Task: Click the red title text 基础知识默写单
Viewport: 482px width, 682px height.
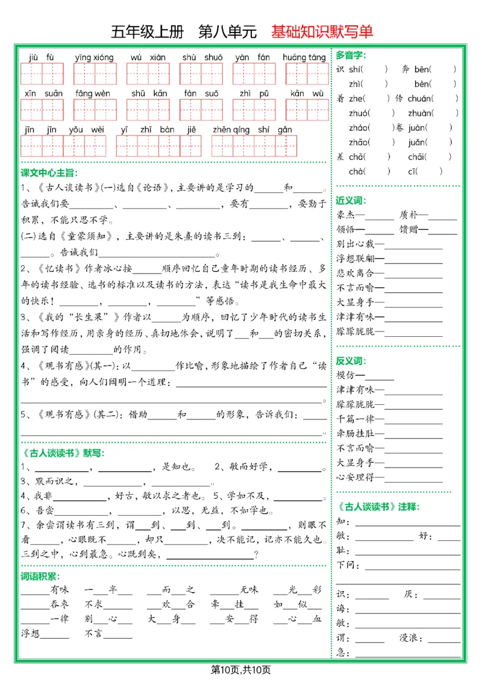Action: click(x=322, y=31)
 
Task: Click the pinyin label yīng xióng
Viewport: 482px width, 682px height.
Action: click(x=94, y=58)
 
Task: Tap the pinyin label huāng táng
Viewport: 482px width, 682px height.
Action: click(x=304, y=58)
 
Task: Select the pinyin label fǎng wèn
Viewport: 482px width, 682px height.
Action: click(x=93, y=93)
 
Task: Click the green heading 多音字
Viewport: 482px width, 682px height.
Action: click(x=351, y=55)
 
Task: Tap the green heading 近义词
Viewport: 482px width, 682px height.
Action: click(x=351, y=201)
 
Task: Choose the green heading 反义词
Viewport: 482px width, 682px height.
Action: click(x=351, y=361)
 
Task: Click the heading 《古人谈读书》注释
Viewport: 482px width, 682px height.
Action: click(x=377, y=506)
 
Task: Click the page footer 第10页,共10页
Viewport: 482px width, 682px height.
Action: click(x=241, y=669)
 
